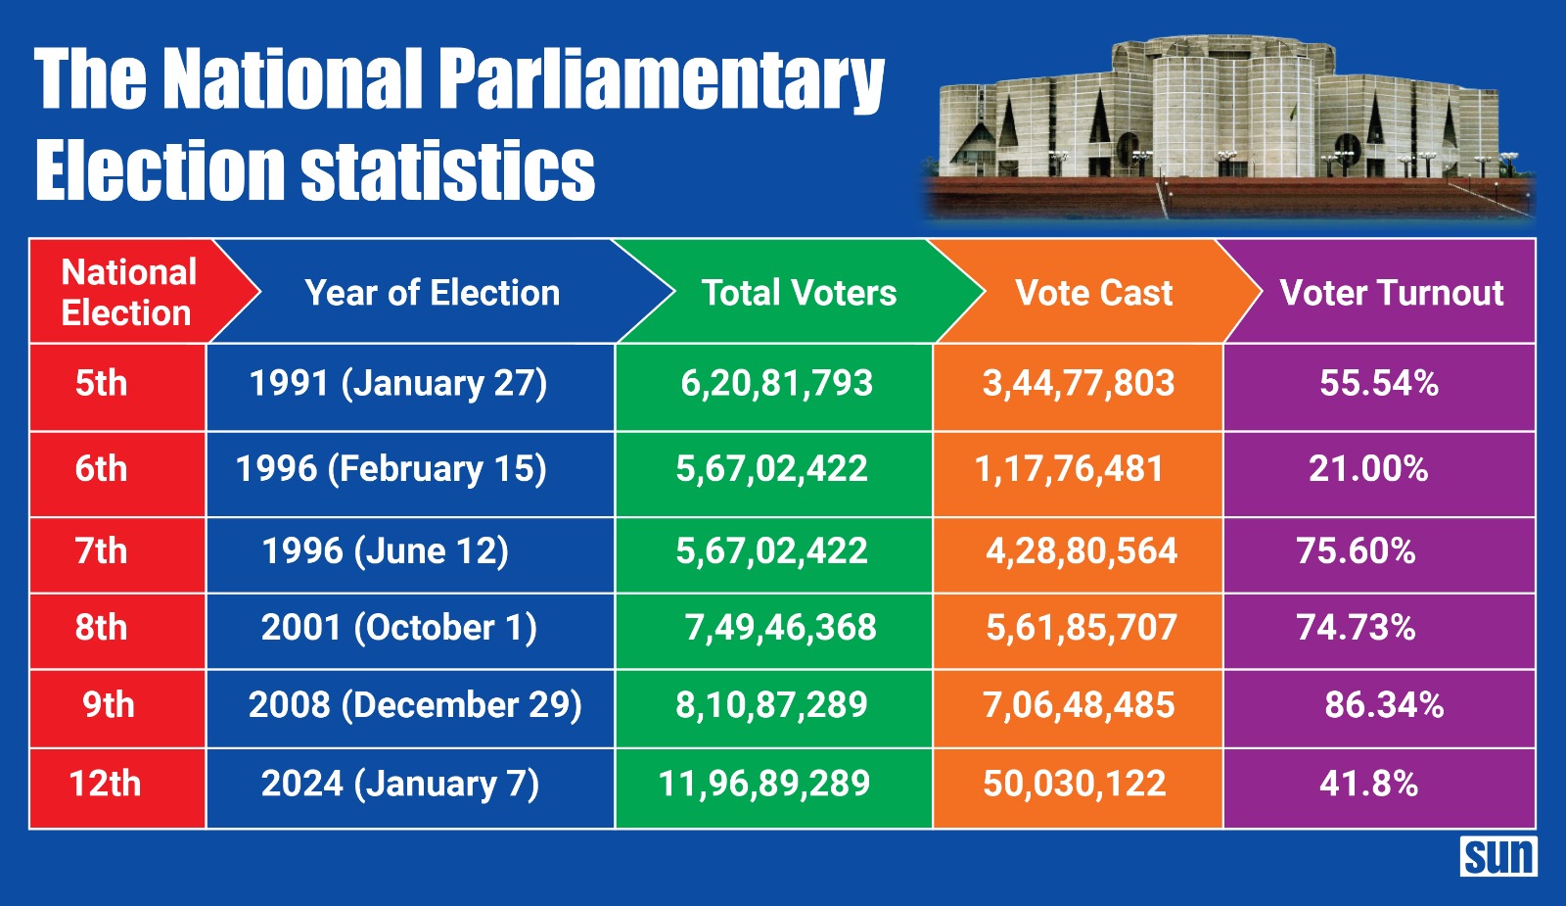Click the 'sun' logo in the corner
tap(1498, 857)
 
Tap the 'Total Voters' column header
tap(799, 293)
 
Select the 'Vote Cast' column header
tap(1093, 293)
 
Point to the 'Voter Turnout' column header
tap(1391, 293)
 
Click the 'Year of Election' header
tap(432, 293)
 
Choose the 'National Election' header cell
tap(128, 292)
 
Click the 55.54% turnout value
tap(1378, 383)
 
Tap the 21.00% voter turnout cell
tap(1367, 469)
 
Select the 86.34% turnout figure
tap(1384, 705)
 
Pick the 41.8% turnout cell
tap(1368, 784)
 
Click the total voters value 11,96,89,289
tap(763, 784)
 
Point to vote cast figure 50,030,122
tap(1074, 784)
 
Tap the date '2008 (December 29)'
tap(415, 705)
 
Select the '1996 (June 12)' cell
tap(385, 551)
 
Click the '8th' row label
tap(101, 628)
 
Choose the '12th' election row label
tap(105, 784)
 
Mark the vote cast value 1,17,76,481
tap(1069, 469)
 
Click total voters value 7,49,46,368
tap(780, 628)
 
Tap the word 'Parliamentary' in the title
tap(661, 80)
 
